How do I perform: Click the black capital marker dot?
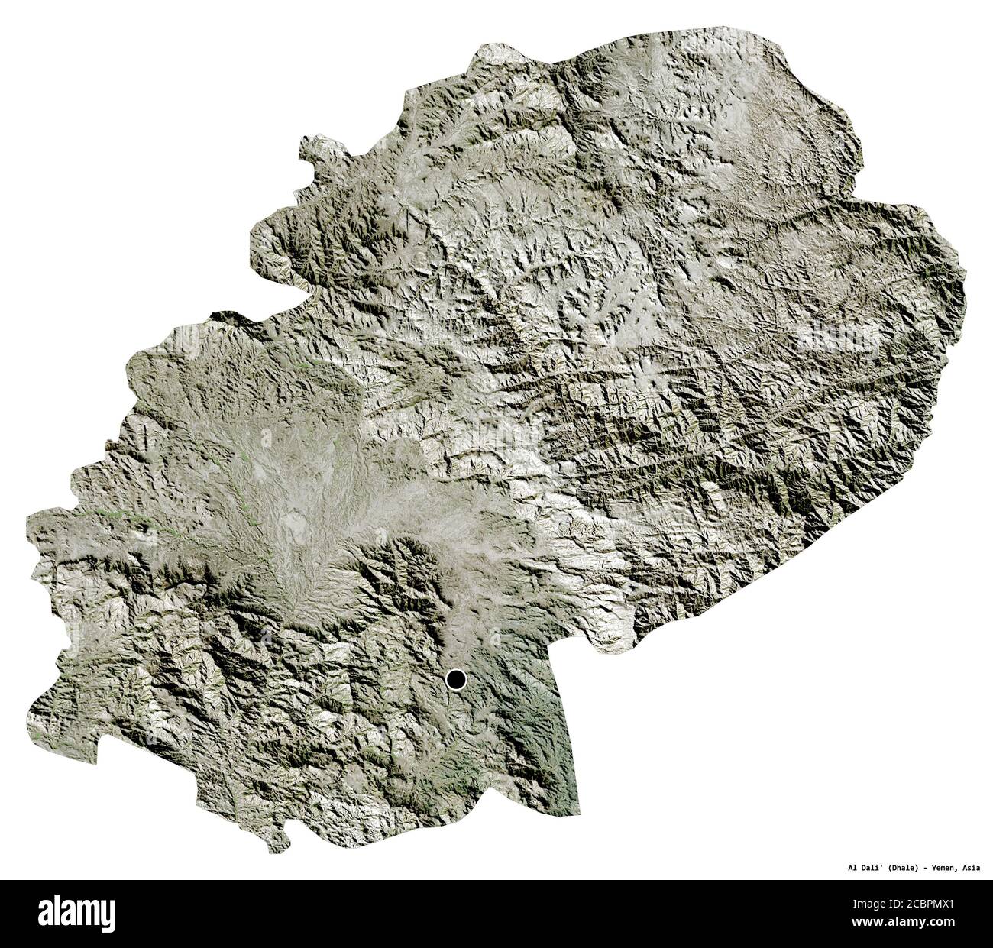(x=456, y=678)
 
